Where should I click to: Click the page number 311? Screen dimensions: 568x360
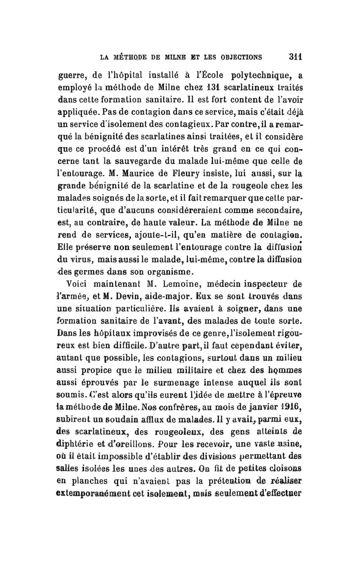pos(295,57)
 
